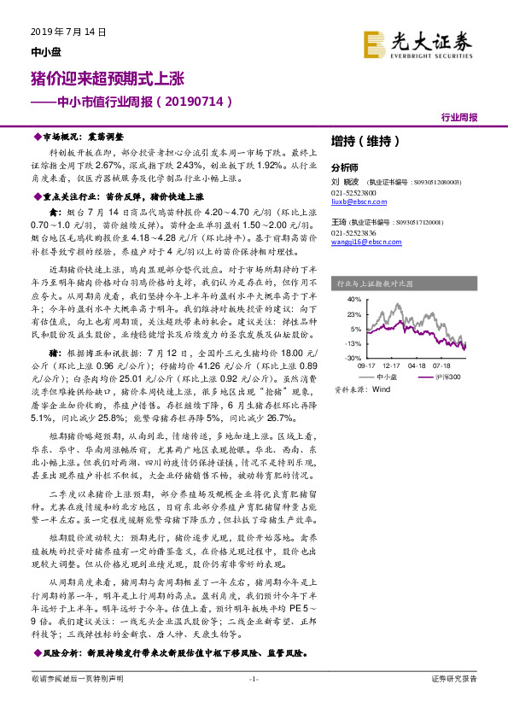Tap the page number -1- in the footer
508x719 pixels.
click(253, 701)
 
